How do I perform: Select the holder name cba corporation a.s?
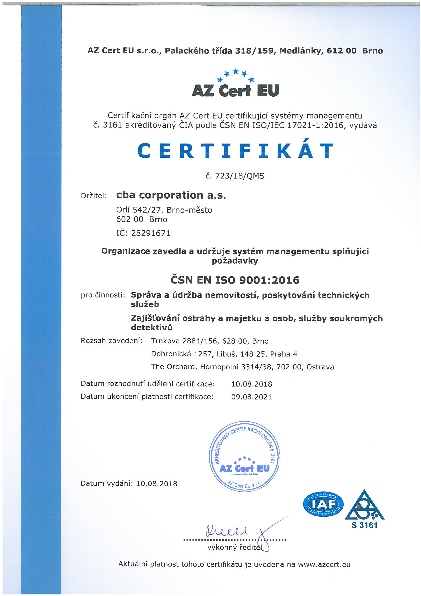(171, 195)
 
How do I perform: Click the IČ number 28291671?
(151, 233)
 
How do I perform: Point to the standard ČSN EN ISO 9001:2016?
(235, 280)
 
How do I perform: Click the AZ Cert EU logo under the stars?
(235, 91)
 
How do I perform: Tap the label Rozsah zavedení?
(112, 341)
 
